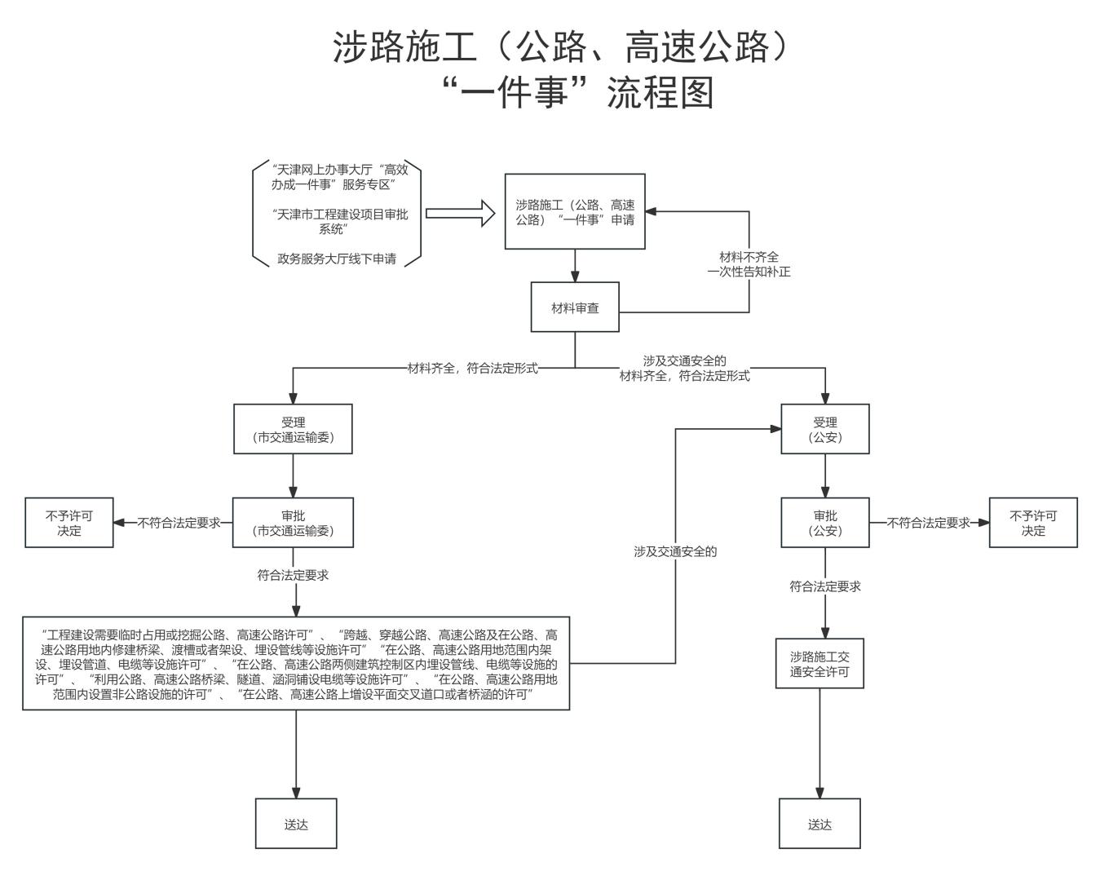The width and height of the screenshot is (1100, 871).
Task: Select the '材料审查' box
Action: (x=575, y=307)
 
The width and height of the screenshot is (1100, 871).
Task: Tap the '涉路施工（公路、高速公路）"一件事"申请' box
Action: (x=575, y=211)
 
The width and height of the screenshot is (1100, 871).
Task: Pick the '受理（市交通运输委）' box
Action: (x=294, y=429)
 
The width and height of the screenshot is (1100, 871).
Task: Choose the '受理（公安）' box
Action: (x=825, y=429)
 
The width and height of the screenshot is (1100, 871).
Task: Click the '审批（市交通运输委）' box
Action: (x=294, y=523)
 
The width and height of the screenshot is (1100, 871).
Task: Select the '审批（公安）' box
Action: (x=825, y=523)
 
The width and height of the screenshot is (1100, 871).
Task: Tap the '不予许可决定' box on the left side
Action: (x=69, y=523)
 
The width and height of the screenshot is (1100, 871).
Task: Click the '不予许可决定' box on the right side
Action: (x=1033, y=523)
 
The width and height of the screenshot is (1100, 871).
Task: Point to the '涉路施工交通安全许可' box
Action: (x=819, y=664)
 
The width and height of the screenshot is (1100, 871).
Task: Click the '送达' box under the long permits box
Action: (x=296, y=824)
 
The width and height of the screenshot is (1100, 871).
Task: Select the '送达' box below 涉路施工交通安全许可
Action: (x=819, y=824)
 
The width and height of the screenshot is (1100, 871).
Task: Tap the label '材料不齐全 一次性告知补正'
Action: (x=749, y=264)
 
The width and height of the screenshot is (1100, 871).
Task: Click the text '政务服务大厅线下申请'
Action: (x=337, y=259)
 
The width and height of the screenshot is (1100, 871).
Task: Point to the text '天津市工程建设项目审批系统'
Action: (x=340, y=221)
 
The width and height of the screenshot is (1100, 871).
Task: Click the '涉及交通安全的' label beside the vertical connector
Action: (x=675, y=551)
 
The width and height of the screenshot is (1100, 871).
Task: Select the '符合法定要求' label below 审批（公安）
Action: (x=824, y=586)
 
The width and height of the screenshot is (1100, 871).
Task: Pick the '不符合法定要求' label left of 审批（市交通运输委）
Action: (x=179, y=523)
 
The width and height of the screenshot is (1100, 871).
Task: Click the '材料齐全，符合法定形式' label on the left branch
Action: (x=472, y=368)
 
